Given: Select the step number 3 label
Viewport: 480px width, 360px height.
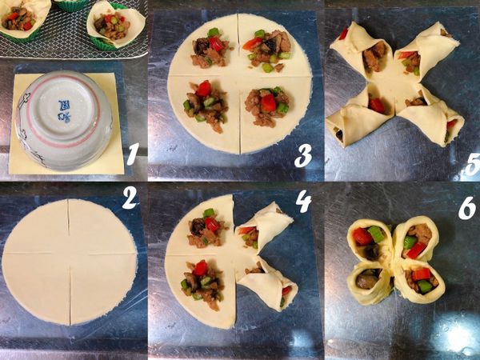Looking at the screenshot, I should click(x=302, y=156).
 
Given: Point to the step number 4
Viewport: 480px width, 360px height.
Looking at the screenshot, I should click(x=303, y=200).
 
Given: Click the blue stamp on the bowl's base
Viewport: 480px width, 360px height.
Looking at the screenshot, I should click(x=62, y=110).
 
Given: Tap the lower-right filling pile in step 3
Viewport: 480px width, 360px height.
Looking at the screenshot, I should click(x=266, y=104).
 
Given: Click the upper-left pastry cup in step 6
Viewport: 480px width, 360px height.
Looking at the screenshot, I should click(x=370, y=240).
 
